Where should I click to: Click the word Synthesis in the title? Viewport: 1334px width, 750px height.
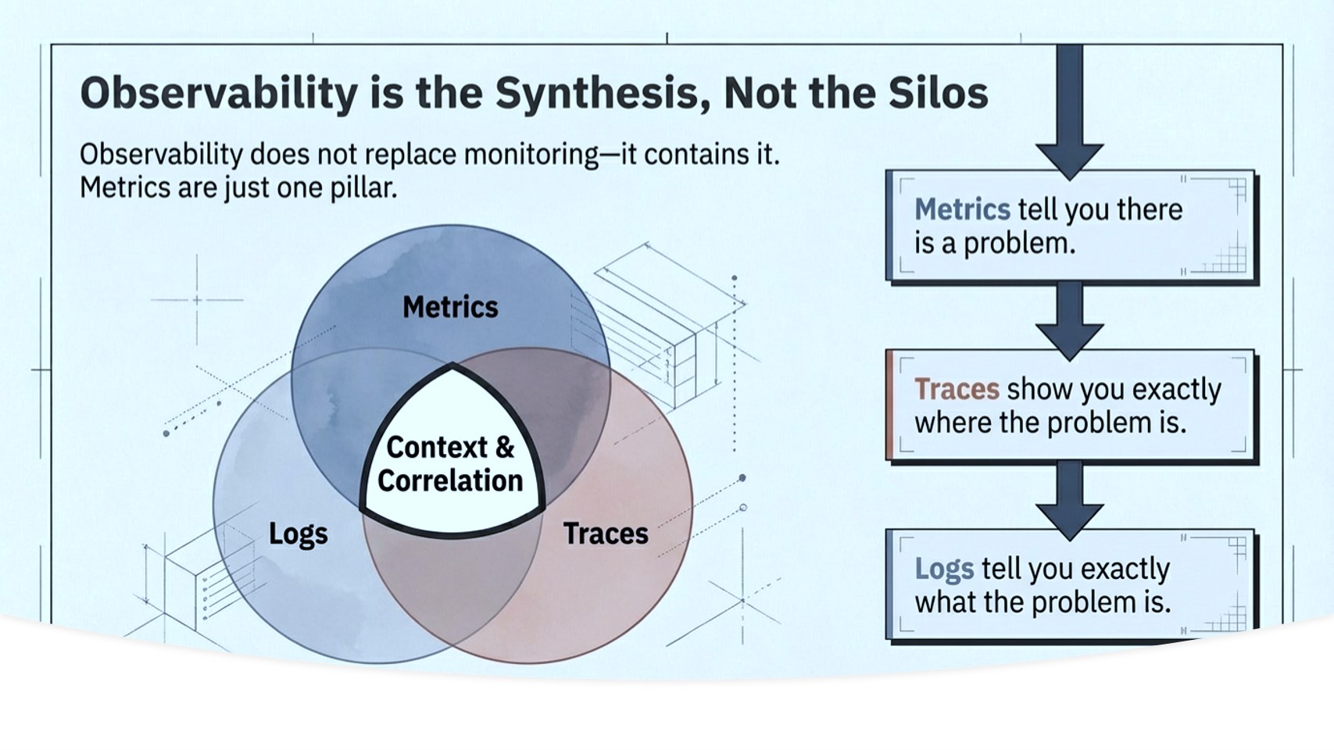[601, 94]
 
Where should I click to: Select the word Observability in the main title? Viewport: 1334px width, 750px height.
[218, 94]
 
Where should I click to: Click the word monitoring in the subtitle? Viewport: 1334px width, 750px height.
[531, 155]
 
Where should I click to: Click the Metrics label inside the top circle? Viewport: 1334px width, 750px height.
[450, 307]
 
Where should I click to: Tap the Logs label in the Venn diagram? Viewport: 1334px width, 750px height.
[298, 534]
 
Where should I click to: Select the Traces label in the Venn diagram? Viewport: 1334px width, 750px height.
[606, 534]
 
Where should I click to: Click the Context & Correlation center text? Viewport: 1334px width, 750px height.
[450, 464]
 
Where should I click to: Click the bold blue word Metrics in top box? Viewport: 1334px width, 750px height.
[962, 209]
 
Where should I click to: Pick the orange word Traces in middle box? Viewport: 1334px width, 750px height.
[957, 389]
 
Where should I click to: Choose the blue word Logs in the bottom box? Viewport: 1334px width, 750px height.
[944, 569]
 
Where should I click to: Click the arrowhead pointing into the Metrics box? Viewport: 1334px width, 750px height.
[1069, 160]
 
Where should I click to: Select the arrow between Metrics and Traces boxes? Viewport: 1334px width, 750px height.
[1069, 320]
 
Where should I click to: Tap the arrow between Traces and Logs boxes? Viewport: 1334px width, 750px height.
[1069, 500]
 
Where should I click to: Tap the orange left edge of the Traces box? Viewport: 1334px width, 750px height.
[890, 405]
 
